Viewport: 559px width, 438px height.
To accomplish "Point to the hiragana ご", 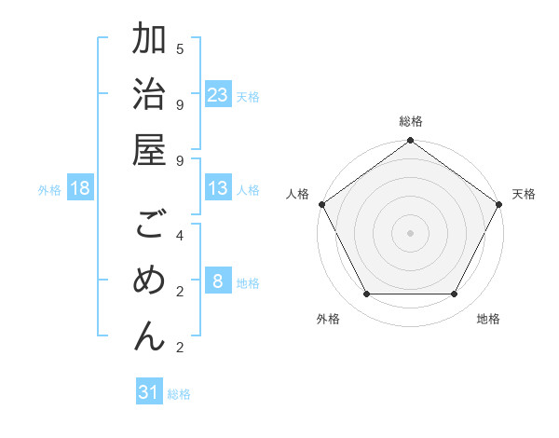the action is point(149,226).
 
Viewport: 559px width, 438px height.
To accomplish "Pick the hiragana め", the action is point(149,281).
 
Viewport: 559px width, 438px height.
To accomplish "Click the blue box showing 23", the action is point(218,95).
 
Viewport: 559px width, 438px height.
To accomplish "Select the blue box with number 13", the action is point(218,189).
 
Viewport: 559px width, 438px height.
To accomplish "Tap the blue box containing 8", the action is point(218,282).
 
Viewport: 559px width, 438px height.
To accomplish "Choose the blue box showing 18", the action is point(80,189).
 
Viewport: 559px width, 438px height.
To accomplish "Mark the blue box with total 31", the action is point(149,392).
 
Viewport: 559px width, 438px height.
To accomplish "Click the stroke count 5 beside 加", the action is point(180,48).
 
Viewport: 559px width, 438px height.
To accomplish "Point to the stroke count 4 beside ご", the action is point(180,235).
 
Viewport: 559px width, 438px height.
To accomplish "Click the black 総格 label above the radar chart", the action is point(410,121).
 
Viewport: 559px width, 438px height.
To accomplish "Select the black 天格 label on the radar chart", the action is point(524,194).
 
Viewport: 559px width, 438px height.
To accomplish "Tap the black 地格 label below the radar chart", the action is point(488,319).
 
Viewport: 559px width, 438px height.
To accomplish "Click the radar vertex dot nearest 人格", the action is point(321,204).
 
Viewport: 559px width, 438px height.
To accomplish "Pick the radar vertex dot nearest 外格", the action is point(366,294).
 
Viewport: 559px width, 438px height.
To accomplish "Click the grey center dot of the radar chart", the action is point(410,232).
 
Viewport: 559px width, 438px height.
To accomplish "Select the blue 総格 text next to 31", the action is point(179,394).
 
